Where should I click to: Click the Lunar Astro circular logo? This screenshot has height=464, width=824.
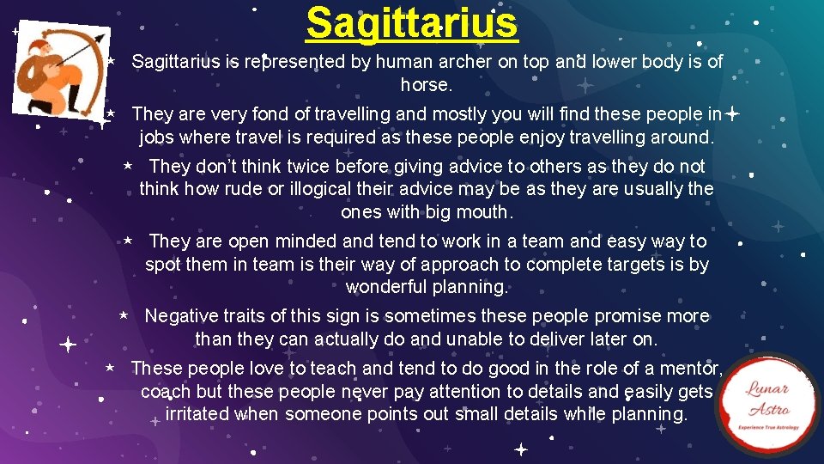point(766,405)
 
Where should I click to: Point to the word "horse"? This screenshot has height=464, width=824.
point(423,85)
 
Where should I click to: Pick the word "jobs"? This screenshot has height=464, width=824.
point(157,137)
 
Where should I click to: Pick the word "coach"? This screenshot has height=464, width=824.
point(165,392)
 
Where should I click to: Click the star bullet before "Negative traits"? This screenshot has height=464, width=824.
point(124,316)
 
